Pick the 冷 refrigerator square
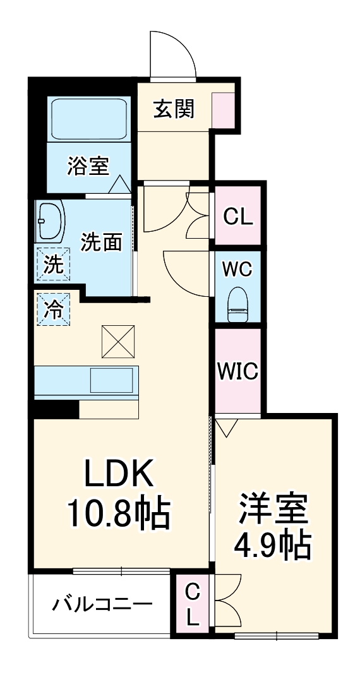(53, 309)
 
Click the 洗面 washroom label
(101, 242)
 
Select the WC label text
(237, 269)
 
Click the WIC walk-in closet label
(238, 371)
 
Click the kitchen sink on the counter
(111, 380)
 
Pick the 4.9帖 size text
(273, 544)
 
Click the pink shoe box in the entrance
(222, 109)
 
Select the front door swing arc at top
(172, 54)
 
